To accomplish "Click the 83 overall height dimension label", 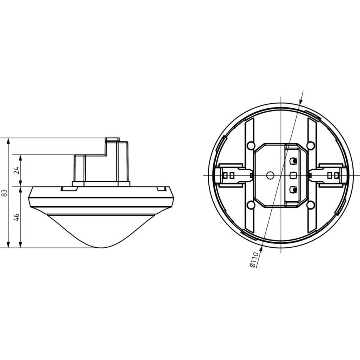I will click(x=5, y=193).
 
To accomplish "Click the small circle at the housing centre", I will click(x=269, y=175).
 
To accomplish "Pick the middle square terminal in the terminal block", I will click(x=293, y=175).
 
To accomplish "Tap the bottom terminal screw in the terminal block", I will click(x=293, y=189).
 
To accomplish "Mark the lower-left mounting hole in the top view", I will click(x=251, y=205).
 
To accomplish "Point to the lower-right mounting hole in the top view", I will click(x=310, y=205).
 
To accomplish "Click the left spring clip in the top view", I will click(x=230, y=175).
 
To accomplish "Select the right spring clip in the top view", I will click(x=330, y=175).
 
